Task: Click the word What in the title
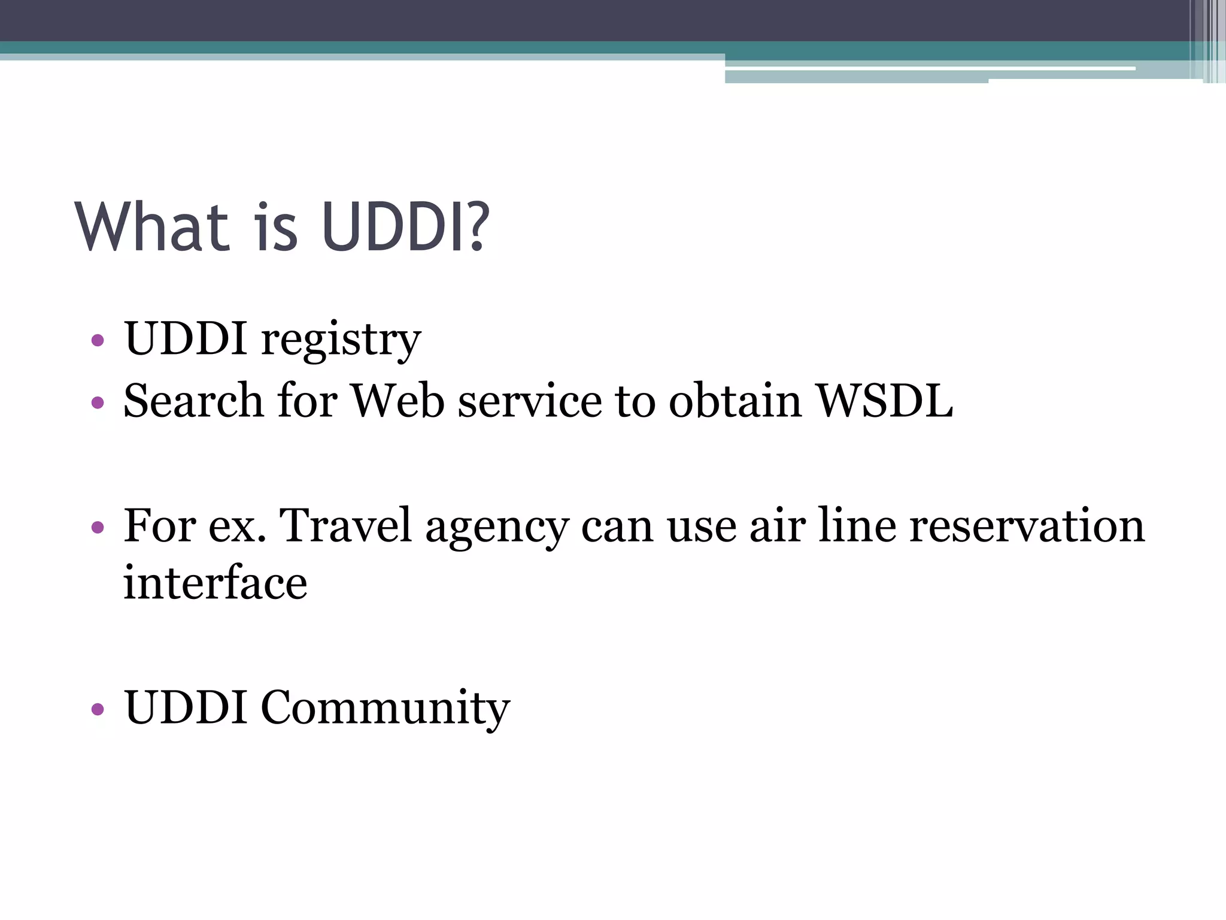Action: coord(152,227)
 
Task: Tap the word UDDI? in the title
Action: coord(405,227)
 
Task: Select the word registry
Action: coord(341,340)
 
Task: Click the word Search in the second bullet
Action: coord(193,401)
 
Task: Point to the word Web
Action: coord(397,401)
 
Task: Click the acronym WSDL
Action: coord(885,401)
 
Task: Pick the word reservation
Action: coord(1026,525)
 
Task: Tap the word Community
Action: coord(385,708)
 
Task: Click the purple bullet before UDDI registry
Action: coord(98,341)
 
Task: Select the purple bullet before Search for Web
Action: coord(98,402)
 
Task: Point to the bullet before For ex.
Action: coord(98,528)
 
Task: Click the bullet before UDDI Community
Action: coord(98,710)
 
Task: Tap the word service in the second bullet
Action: coord(530,401)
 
